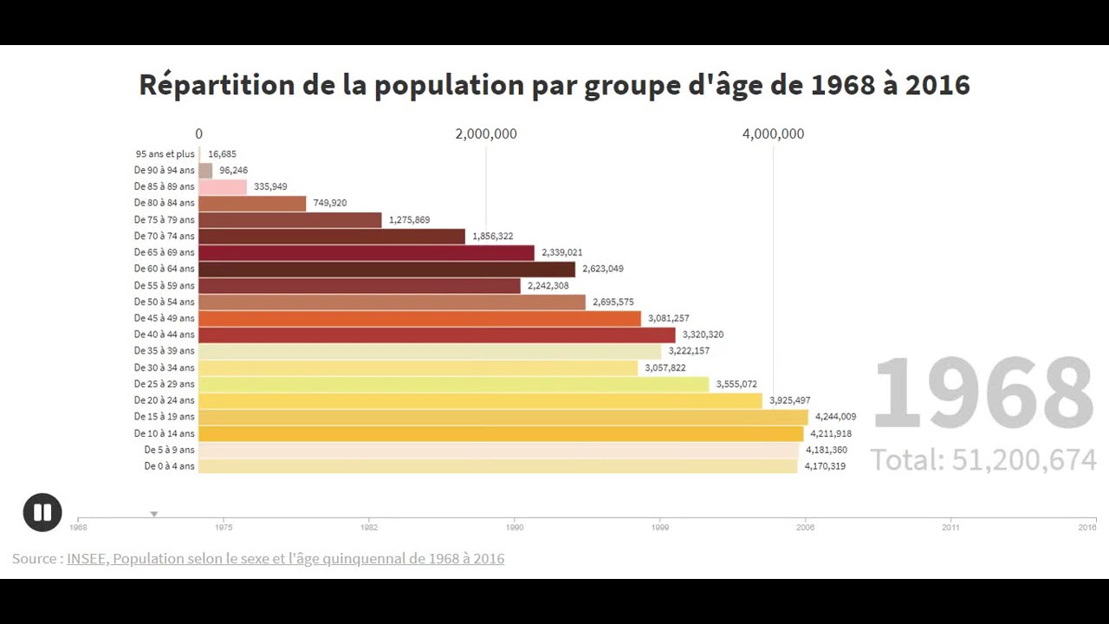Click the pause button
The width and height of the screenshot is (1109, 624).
(x=42, y=512)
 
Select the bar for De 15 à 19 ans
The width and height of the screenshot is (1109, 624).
(x=503, y=417)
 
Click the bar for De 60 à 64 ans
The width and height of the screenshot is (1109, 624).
(x=386, y=270)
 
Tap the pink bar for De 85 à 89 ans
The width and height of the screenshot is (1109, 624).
(x=223, y=187)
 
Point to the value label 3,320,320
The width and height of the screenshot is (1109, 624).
(x=703, y=335)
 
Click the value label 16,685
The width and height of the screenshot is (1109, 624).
(x=222, y=154)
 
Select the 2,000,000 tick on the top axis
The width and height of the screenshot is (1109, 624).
(x=486, y=133)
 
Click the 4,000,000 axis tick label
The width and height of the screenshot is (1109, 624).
(x=773, y=133)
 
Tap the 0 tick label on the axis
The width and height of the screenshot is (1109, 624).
(x=199, y=133)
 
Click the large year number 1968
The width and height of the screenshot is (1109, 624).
(x=983, y=393)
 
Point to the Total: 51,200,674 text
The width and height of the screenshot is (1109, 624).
(x=983, y=459)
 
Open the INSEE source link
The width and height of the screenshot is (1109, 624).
(x=285, y=559)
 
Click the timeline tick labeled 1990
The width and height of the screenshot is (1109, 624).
(x=514, y=526)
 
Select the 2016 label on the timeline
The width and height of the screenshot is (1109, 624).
(x=1086, y=526)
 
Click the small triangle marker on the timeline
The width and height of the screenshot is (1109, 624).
(x=154, y=514)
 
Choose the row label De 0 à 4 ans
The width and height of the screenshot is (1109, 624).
(x=169, y=466)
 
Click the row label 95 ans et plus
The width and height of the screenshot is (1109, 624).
(x=165, y=154)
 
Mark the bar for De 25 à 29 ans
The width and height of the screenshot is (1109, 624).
(x=453, y=384)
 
